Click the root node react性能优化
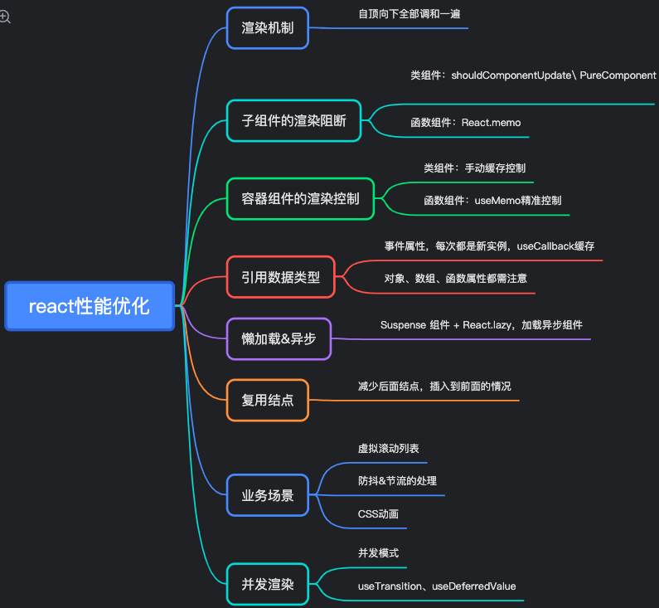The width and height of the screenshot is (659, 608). [x=90, y=306]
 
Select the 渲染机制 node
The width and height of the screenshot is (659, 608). [x=268, y=27]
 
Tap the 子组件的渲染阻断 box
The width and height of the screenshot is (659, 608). [x=293, y=120]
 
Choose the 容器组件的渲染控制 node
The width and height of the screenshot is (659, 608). [x=301, y=199]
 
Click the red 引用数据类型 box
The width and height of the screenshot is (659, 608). [x=280, y=277]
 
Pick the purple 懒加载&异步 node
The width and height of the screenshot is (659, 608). [x=279, y=338]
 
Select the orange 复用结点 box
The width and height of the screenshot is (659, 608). [x=267, y=400]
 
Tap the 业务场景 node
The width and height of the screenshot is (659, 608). [x=267, y=495]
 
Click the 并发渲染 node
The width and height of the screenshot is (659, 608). [x=267, y=584]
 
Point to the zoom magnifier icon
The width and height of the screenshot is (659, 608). [x=6, y=16]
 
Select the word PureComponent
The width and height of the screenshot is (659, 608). [x=618, y=75]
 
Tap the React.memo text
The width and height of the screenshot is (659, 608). [x=491, y=123]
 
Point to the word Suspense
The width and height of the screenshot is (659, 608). [x=403, y=324]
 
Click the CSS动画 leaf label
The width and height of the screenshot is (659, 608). [x=378, y=513]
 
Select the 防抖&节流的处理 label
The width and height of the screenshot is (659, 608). [x=397, y=481]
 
